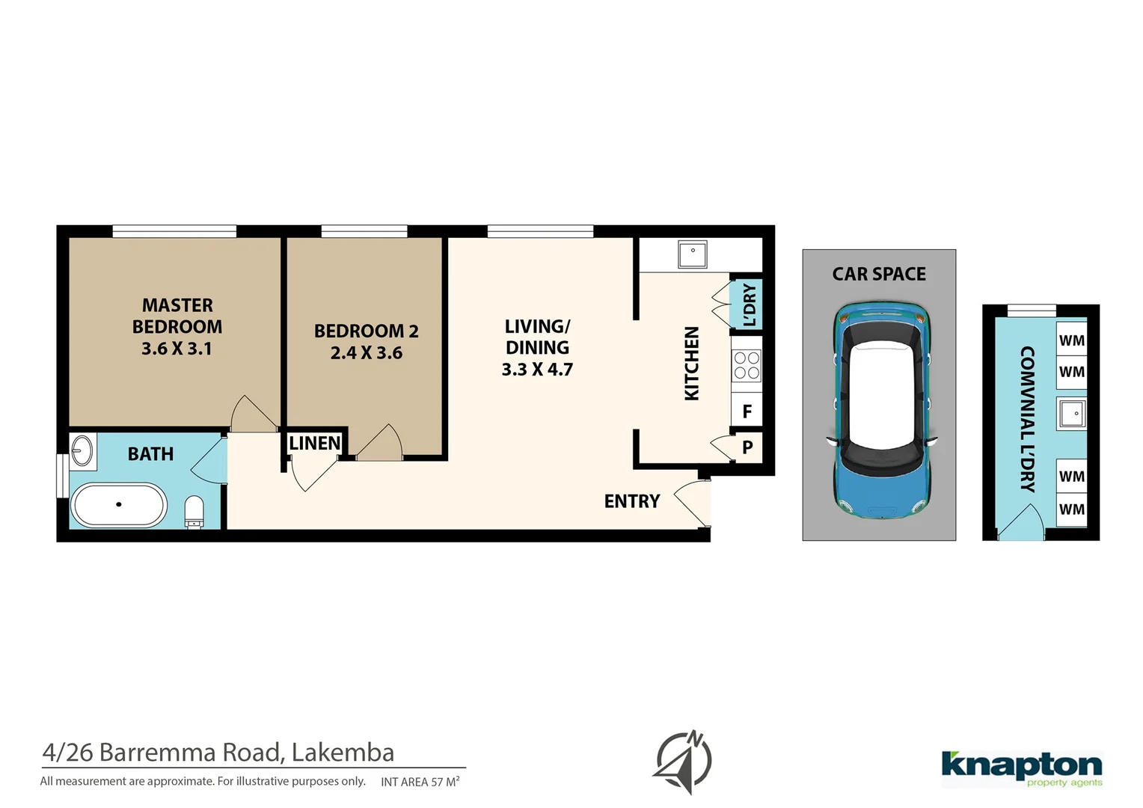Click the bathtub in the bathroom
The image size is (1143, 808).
point(118,505)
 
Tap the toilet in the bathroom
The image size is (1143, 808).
point(194,511)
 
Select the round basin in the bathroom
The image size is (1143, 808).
point(82,451)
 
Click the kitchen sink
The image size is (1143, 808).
point(693,254)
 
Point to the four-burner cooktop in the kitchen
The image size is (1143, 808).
point(746,366)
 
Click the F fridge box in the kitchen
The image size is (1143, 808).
point(747,411)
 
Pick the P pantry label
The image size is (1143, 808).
point(747,447)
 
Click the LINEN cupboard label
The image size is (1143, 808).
point(315,444)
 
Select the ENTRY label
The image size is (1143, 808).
point(632,501)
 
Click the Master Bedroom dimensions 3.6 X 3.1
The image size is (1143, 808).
point(177,349)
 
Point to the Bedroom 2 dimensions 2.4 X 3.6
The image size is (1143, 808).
point(366,353)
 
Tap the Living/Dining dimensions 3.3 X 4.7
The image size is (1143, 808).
point(537,370)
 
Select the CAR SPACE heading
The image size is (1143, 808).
point(879,275)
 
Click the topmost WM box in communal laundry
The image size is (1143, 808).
point(1071,340)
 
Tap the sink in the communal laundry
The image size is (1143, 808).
point(1072,413)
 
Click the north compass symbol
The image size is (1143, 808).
point(684,762)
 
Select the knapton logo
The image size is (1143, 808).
point(1021,768)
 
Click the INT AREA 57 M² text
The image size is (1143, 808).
point(420,782)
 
